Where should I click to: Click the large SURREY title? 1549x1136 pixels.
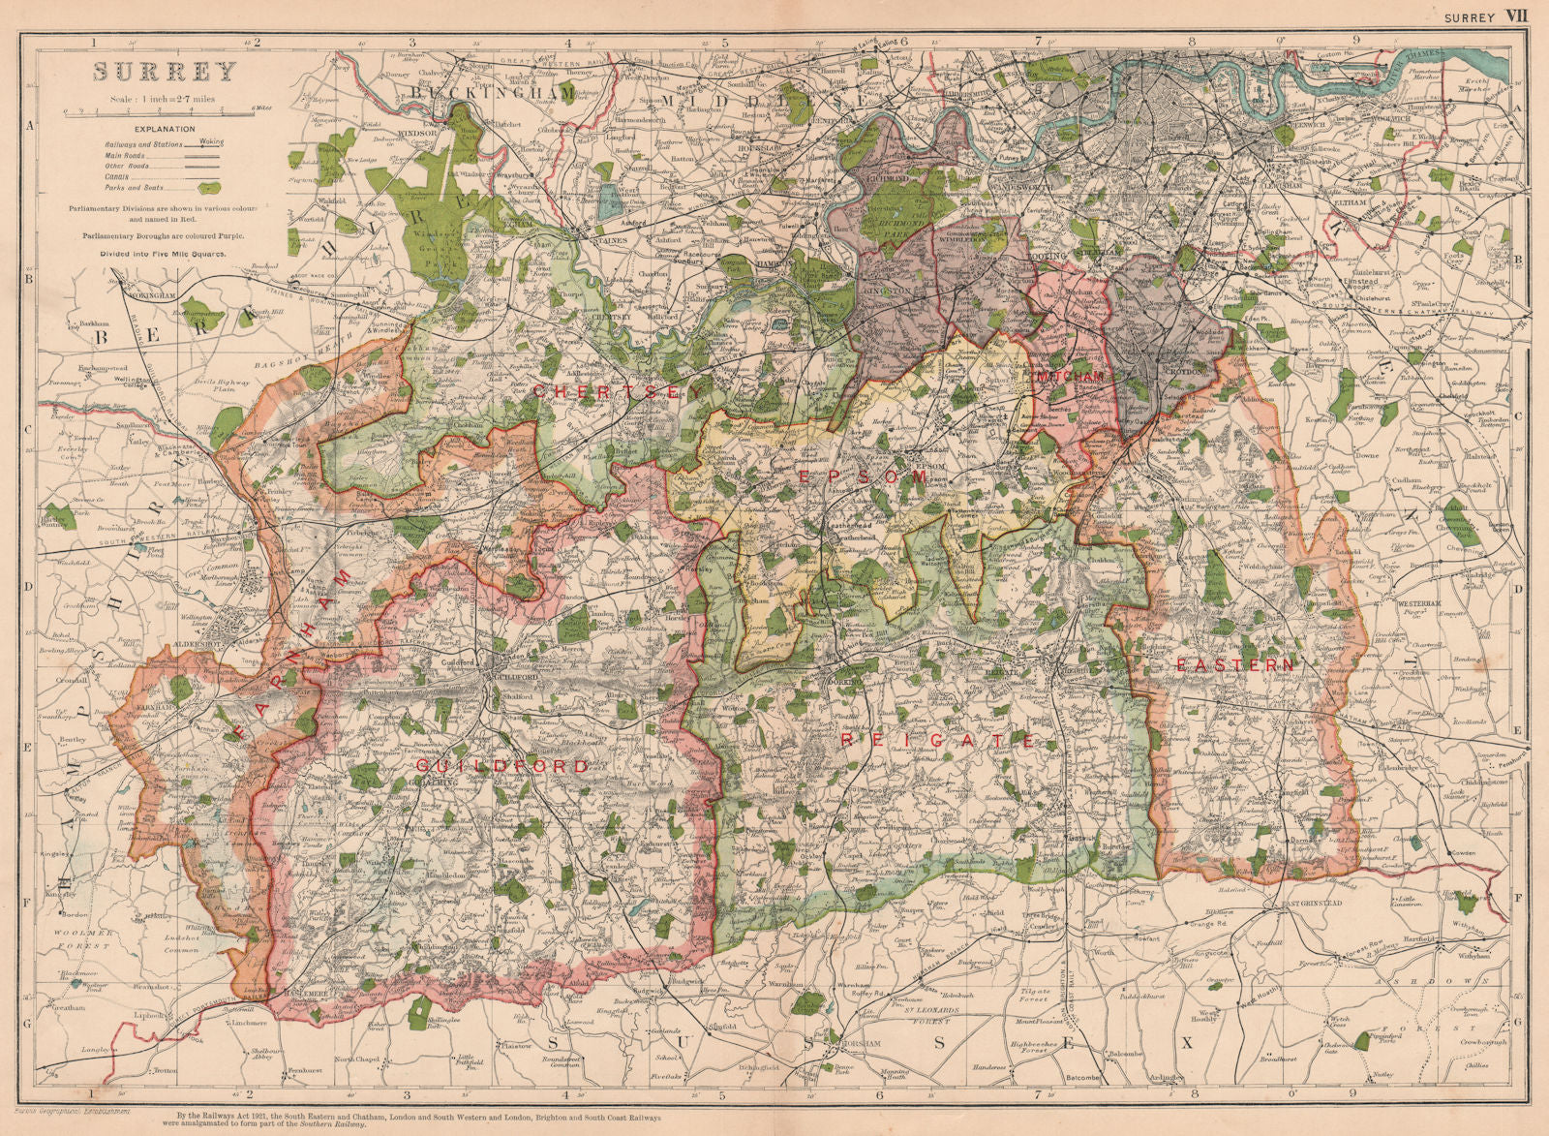pos(165,72)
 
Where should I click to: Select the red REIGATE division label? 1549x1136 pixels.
pos(938,740)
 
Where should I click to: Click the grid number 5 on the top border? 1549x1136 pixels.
pos(722,42)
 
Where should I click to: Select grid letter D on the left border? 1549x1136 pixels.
pos(29,589)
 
